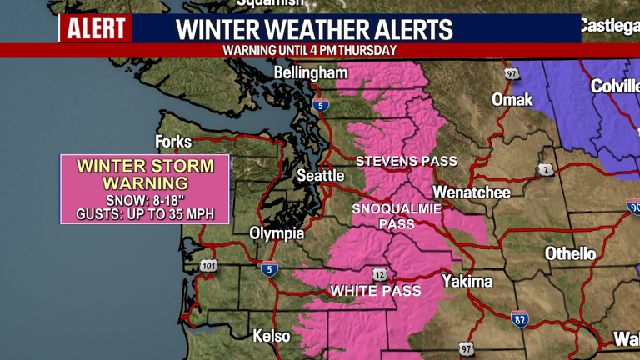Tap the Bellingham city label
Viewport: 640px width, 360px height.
(311, 73)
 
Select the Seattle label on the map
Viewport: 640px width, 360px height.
(321, 176)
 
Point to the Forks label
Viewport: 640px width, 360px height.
(173, 142)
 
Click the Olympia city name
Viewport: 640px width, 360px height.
(277, 233)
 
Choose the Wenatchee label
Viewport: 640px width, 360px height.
(472, 192)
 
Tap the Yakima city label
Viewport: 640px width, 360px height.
(467, 281)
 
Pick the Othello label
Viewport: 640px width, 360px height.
(571, 253)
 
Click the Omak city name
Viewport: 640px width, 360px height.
(512, 100)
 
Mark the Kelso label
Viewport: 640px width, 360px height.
(272, 336)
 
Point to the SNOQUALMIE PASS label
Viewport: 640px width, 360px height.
(397, 216)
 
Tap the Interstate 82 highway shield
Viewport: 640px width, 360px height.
(519, 317)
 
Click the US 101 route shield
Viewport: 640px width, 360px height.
(208, 267)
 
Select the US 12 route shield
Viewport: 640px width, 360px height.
(380, 275)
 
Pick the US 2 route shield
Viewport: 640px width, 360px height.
(546, 170)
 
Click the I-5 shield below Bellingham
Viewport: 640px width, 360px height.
(321, 105)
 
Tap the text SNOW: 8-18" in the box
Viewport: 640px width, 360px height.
(145, 201)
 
